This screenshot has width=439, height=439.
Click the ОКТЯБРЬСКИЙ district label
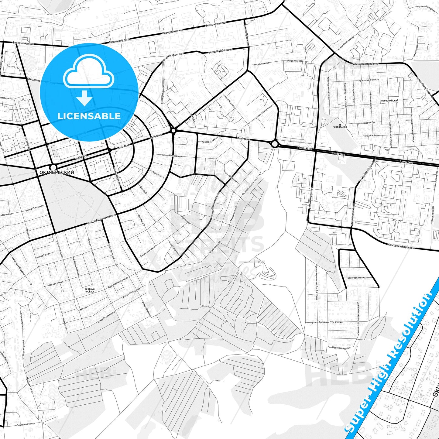[x=57, y=172]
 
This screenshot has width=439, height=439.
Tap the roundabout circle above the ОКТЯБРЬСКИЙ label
[x=53, y=167]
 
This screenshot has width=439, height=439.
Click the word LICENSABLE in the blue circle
[x=89, y=116]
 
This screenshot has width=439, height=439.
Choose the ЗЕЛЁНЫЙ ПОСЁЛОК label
[x=90, y=290]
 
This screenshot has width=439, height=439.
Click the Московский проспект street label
[x=401, y=246]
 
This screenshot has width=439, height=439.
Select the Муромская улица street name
[x=341, y=348]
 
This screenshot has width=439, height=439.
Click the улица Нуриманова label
[x=172, y=156]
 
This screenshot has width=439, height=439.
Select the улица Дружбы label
[x=366, y=123]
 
